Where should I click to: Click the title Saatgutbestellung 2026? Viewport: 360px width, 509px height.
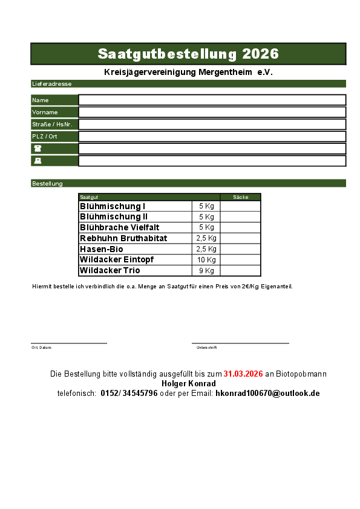click(x=188, y=54)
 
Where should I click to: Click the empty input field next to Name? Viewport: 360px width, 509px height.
click(x=212, y=100)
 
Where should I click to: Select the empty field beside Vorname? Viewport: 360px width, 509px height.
click(x=212, y=112)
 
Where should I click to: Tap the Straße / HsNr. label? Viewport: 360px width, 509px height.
click(x=52, y=124)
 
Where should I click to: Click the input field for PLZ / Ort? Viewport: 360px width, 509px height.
click(x=212, y=136)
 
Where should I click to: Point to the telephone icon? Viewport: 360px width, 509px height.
click(x=38, y=148)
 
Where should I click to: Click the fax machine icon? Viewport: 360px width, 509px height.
click(x=38, y=161)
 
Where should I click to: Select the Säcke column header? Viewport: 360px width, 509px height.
click(x=240, y=197)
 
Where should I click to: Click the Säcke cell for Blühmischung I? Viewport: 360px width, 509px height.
click(x=240, y=206)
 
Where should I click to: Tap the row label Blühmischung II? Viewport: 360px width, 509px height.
click(x=114, y=216)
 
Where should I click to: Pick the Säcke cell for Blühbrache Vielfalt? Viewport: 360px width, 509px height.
click(x=240, y=227)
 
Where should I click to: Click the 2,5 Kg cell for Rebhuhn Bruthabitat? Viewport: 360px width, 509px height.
click(x=206, y=238)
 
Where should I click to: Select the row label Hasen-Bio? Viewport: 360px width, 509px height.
click(x=101, y=249)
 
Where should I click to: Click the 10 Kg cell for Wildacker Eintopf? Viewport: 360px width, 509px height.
click(x=206, y=259)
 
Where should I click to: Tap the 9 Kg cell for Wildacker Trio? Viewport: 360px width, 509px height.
click(x=206, y=270)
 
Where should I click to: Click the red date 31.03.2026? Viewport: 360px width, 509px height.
click(x=243, y=374)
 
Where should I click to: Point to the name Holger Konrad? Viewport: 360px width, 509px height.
click(x=189, y=383)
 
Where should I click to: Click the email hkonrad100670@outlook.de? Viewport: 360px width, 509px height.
click(x=267, y=393)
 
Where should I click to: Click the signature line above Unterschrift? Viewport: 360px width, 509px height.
click(x=240, y=343)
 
